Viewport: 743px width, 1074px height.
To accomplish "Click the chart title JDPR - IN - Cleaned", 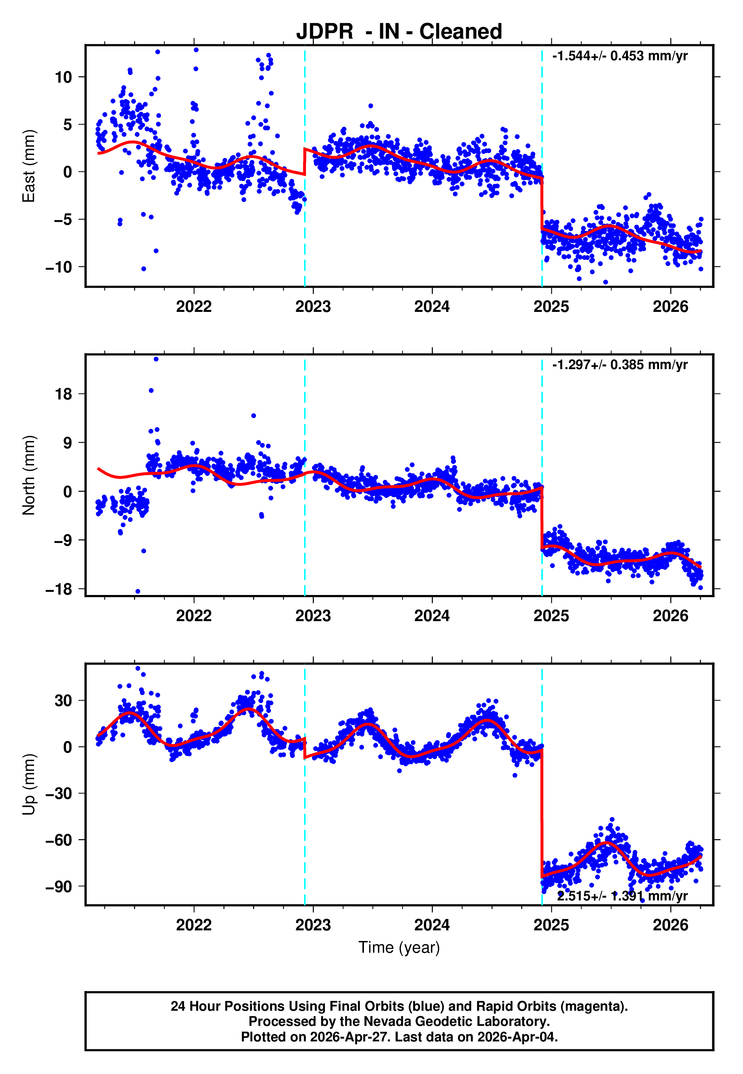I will click(x=399, y=32).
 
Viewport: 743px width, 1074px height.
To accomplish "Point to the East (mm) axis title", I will click(x=29, y=166).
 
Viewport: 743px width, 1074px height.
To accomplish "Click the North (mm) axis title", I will click(x=29, y=475).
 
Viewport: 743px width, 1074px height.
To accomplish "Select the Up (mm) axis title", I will click(x=29, y=784).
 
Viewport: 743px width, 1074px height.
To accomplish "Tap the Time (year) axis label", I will click(x=399, y=947).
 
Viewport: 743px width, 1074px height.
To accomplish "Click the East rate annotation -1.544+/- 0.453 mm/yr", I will click(x=620, y=56).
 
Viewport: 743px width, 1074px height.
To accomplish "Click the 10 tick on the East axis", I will click(x=63, y=77).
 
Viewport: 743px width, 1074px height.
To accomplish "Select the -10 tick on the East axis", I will click(x=59, y=267).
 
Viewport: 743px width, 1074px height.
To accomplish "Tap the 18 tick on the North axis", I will click(x=63, y=395).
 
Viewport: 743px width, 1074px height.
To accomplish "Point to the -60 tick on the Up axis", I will click(x=59, y=840).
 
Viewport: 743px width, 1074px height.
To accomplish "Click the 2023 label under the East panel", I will click(x=313, y=307).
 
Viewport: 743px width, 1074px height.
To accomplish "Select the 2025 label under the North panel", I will click(x=551, y=616).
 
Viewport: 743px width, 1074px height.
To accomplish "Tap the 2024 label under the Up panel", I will click(x=432, y=925).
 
